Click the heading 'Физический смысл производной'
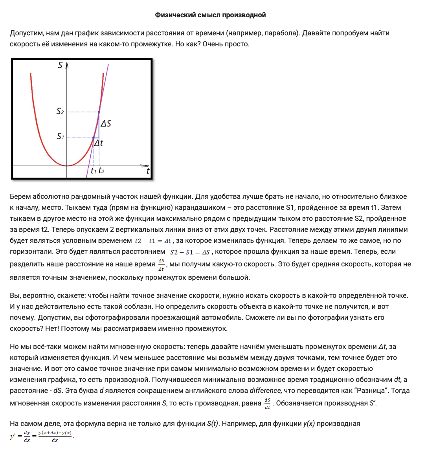point(210,15)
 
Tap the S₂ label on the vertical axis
point(60,112)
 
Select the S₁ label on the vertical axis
point(60,136)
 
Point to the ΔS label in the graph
point(106,123)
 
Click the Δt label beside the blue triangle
point(98,143)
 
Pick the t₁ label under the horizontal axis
point(93,171)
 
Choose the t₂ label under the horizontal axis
point(101,171)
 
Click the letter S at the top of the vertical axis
point(60,65)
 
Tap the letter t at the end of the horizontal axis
point(148,171)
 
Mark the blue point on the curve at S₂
point(99,112)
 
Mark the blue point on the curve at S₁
point(93,138)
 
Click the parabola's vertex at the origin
point(67,166)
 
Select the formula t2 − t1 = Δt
point(153,241)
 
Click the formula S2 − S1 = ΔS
point(190,252)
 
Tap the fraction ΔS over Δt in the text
point(161,264)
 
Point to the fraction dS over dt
point(267,404)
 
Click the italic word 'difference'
point(265,391)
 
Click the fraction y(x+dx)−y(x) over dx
point(55,436)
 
